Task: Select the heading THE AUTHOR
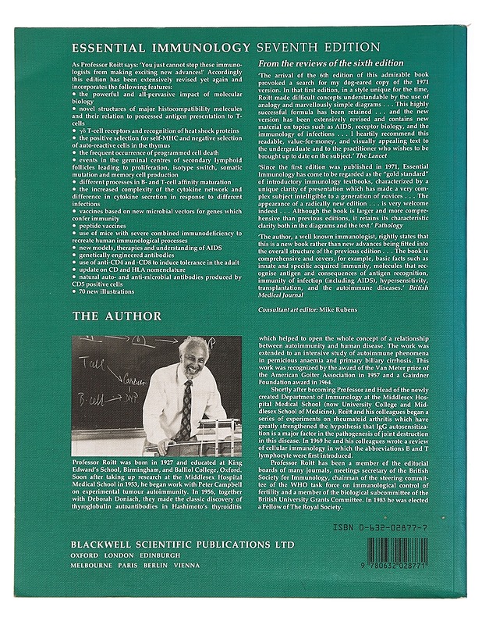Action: (128, 316)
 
